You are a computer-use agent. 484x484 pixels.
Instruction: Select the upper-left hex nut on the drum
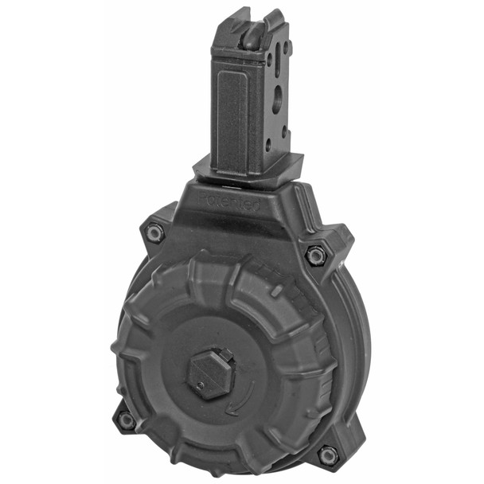[x=155, y=232]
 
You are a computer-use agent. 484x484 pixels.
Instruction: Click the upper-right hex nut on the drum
[x=316, y=256]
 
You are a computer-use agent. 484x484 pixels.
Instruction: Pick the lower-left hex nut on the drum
[x=125, y=420]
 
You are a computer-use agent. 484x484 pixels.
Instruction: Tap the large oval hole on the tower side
[x=276, y=99]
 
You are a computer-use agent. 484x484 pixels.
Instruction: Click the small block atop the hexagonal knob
[x=225, y=353]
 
